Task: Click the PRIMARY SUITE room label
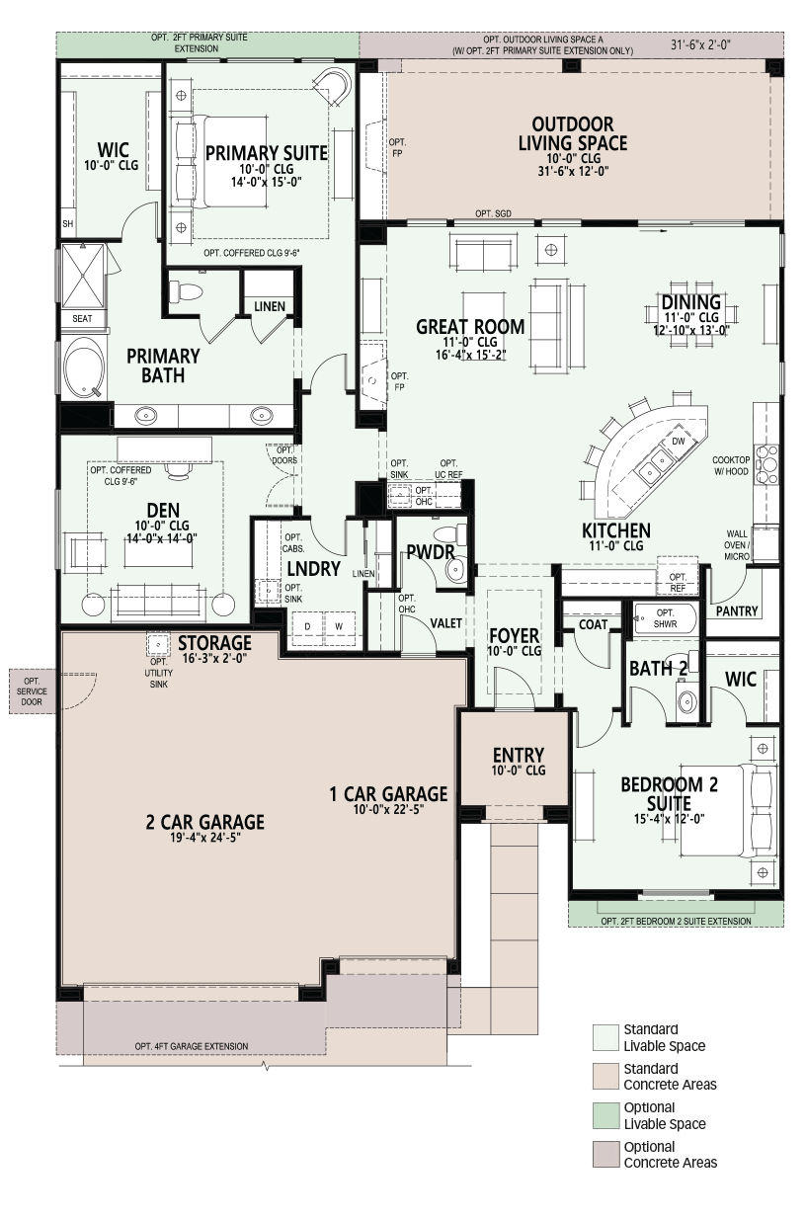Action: coord(267,153)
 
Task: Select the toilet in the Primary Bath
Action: coord(186,291)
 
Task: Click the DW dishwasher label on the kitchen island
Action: coord(679,442)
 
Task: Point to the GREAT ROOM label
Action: coord(470,327)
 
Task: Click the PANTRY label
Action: coord(736,611)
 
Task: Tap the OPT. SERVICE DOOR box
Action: coord(33,691)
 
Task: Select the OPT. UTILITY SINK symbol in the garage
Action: coord(158,645)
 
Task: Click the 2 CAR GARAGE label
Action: coord(205,822)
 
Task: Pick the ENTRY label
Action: coord(519,755)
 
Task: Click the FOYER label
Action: coord(515,635)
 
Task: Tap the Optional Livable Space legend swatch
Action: coord(606,1115)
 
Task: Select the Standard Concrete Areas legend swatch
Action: coord(606,1076)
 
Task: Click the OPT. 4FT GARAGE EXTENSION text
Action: coord(192,1046)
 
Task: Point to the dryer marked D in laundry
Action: coord(308,627)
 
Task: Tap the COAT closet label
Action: coord(593,624)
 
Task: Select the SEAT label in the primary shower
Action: coord(82,319)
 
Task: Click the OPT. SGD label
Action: coord(494,214)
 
